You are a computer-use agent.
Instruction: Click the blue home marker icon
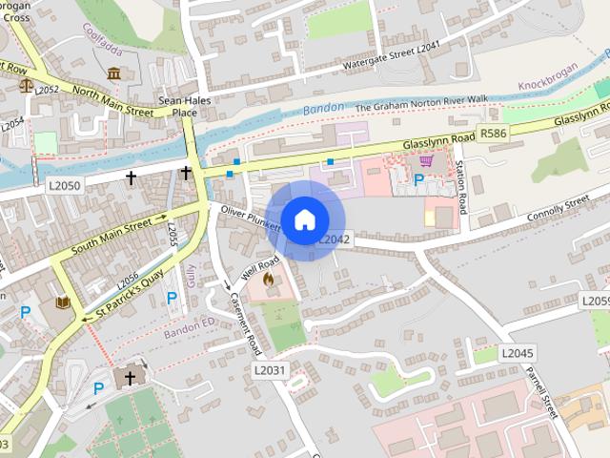304,220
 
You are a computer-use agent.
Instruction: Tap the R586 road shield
494,134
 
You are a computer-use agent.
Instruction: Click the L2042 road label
335,239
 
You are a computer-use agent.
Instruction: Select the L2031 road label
270,369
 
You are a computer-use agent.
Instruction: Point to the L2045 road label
517,353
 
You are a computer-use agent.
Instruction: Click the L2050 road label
65,185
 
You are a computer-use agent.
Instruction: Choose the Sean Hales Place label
177,106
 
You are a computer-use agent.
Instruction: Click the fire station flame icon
269,281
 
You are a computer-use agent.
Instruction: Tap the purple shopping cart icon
426,160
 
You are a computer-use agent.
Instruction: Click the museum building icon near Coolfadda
114,73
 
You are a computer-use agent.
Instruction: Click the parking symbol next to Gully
172,298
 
